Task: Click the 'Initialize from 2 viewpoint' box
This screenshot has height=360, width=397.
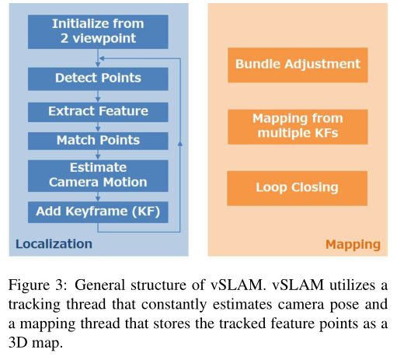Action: pyautogui.click(x=98, y=32)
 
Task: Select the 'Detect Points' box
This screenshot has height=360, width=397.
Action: pyautogui.click(x=98, y=79)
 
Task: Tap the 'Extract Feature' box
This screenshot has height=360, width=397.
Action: pyautogui.click(x=98, y=112)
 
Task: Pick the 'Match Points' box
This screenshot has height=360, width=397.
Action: pyautogui.click(x=98, y=141)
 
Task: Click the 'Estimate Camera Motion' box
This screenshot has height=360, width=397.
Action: pyautogui.click(x=98, y=176)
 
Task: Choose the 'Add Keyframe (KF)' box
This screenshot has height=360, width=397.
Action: pyautogui.click(x=98, y=212)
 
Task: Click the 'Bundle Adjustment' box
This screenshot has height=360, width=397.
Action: pyautogui.click(x=298, y=65)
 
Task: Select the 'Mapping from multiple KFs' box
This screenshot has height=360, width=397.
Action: pyautogui.click(x=298, y=127)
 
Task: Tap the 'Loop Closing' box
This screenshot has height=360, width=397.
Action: pyautogui.click(x=297, y=188)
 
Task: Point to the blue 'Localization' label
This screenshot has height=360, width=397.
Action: pyautogui.click(x=54, y=244)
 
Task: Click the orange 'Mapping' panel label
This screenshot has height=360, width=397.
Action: pyautogui.click(x=353, y=244)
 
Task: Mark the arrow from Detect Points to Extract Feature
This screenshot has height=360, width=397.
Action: pyautogui.click(x=98, y=96)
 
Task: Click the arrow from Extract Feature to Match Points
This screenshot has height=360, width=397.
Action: pyautogui.click(x=98, y=127)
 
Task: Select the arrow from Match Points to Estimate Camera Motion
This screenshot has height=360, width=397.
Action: pyautogui.click(x=98, y=155)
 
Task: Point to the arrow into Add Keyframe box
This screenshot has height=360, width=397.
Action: pyautogui.click(x=98, y=197)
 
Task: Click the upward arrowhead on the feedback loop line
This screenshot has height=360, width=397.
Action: pyautogui.click(x=180, y=143)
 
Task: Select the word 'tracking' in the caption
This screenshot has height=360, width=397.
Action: pyautogui.click(x=34, y=305)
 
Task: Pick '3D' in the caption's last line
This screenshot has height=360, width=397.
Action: pyautogui.click(x=18, y=343)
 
